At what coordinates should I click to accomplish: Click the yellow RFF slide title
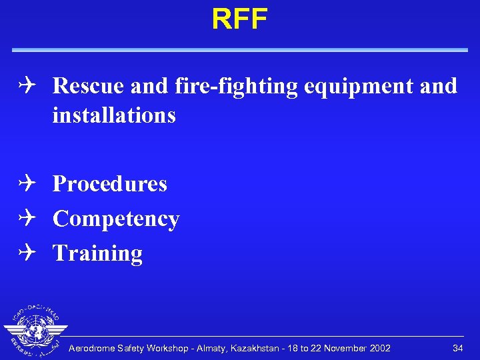click(239, 19)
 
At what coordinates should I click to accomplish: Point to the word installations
click(114, 115)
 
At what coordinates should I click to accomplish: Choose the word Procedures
click(110, 184)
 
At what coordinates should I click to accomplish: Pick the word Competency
click(116, 219)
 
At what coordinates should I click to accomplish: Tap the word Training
click(97, 253)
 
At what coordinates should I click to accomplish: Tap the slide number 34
click(457, 348)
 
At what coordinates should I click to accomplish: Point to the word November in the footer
click(340, 348)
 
